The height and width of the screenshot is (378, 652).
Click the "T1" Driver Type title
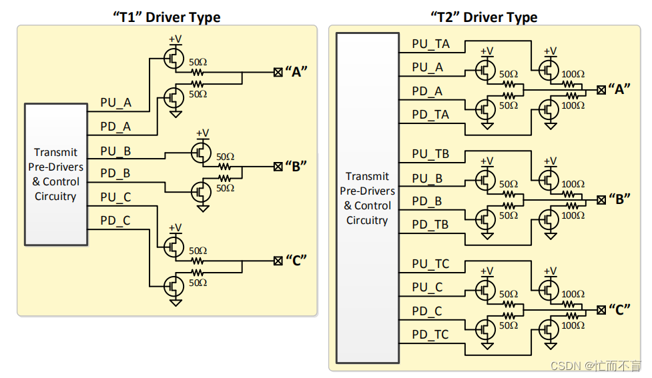(x=166, y=17)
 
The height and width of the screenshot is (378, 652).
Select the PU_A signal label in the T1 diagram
(x=115, y=103)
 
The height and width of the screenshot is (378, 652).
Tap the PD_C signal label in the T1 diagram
(x=115, y=221)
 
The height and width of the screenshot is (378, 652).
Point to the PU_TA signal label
(x=430, y=45)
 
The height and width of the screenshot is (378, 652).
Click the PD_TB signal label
(x=430, y=225)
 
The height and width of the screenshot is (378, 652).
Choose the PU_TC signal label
(x=430, y=264)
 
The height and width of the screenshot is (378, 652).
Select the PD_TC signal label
(x=430, y=335)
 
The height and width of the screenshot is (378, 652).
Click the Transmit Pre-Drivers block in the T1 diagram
(x=56, y=174)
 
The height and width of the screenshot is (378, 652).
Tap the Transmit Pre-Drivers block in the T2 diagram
(x=367, y=198)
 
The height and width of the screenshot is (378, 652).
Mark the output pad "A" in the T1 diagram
(x=278, y=73)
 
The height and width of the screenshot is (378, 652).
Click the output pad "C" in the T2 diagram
(x=601, y=309)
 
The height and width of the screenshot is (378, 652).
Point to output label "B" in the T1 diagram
(x=296, y=166)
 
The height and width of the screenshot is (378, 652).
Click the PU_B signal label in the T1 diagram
(x=115, y=151)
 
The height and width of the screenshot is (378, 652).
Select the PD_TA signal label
(x=430, y=115)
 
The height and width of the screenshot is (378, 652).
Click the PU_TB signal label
(x=430, y=154)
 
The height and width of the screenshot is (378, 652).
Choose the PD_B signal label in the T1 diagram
(x=115, y=173)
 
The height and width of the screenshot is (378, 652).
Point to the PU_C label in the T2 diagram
(x=427, y=287)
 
